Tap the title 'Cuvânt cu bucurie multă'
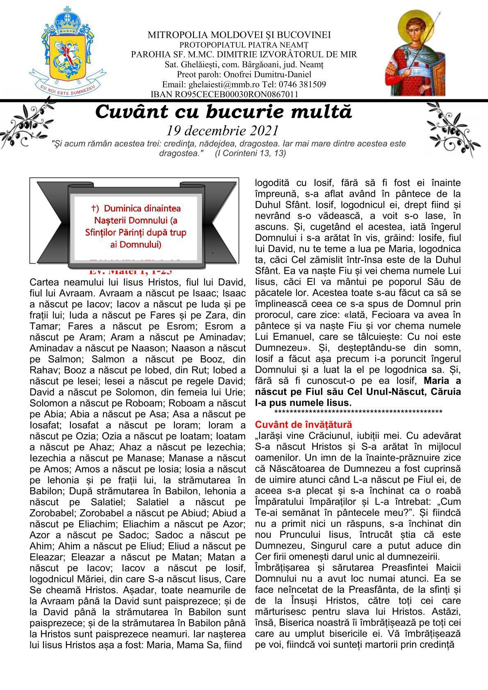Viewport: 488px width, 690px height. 223,112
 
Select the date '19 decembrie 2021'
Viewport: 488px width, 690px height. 223,130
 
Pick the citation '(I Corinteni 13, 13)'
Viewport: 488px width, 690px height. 250,153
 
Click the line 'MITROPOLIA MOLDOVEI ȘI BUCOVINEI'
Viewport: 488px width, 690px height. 239,35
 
